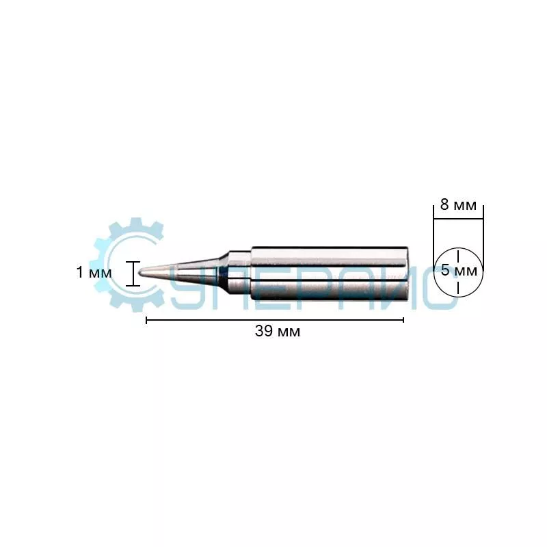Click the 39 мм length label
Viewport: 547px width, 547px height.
pyautogui.click(x=278, y=331)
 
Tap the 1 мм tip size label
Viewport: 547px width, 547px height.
pyautogui.click(x=94, y=272)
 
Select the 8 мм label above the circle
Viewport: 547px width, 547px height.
pyautogui.click(x=458, y=204)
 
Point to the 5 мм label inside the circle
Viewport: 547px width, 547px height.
pyautogui.click(x=459, y=270)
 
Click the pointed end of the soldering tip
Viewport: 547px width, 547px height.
pyautogui.click(x=139, y=271)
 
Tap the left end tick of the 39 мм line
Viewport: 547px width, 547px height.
pyautogui.click(x=146, y=320)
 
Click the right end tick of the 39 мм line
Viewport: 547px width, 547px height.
pyautogui.click(x=403, y=320)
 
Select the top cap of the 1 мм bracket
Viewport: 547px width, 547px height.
pyautogui.click(x=133, y=262)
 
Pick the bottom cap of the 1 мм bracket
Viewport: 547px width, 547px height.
pyautogui.click(x=133, y=286)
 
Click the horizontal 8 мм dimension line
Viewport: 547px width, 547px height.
pyautogui.click(x=458, y=219)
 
